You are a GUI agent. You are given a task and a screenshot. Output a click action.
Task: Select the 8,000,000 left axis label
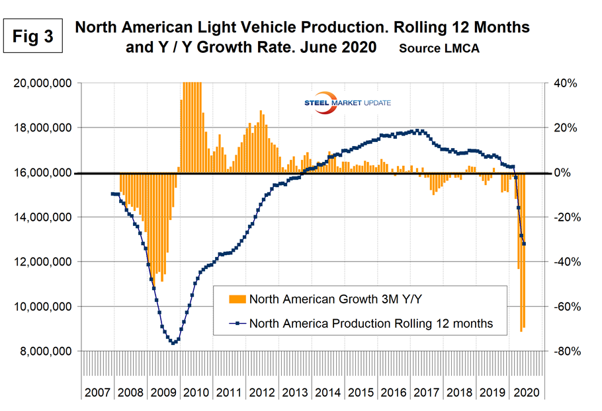[x=44, y=352]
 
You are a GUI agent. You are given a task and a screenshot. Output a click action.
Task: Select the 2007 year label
[x=97, y=392]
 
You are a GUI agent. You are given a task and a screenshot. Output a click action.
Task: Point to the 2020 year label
[x=525, y=392]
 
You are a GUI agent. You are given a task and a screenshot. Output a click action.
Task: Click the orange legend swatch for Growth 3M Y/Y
[x=236, y=299]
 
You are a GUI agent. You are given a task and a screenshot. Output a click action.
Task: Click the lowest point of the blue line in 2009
[x=173, y=343]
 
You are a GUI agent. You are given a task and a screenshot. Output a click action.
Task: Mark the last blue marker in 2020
[x=525, y=244]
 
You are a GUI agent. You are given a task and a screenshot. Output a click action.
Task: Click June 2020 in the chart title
[x=337, y=48]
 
